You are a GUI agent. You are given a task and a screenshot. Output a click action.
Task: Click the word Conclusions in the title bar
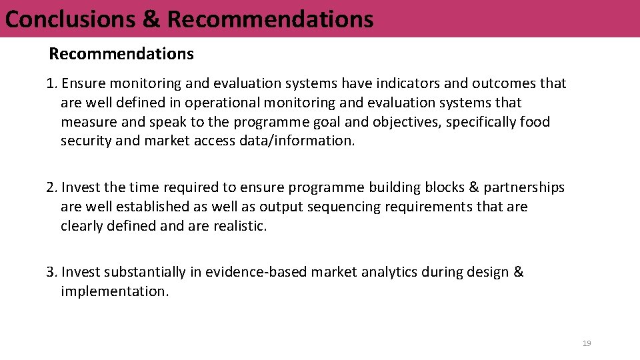point(70,19)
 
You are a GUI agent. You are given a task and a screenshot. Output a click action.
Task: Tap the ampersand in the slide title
point(151,19)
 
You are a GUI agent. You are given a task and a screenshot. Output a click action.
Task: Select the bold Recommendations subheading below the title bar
point(121,54)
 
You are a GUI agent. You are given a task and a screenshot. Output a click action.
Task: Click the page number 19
point(587,343)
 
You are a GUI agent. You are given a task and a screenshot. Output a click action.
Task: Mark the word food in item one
point(535,123)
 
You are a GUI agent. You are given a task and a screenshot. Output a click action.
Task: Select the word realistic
point(240,226)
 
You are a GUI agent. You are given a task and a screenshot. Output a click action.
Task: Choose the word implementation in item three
point(114,291)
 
